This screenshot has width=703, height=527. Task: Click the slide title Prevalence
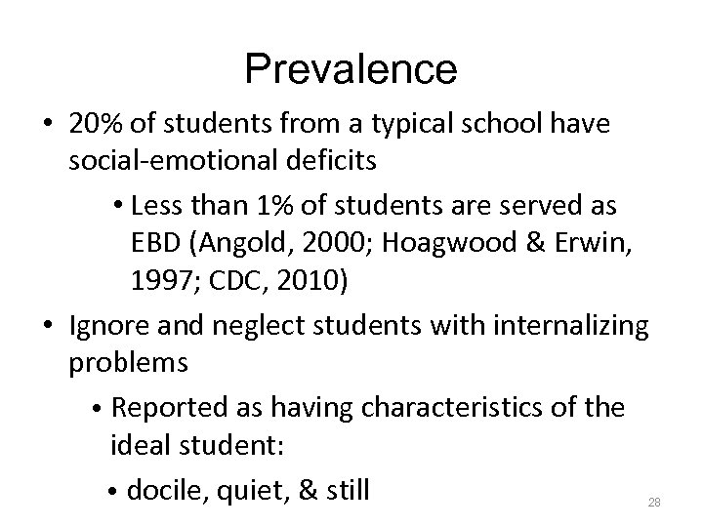tap(351, 68)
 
